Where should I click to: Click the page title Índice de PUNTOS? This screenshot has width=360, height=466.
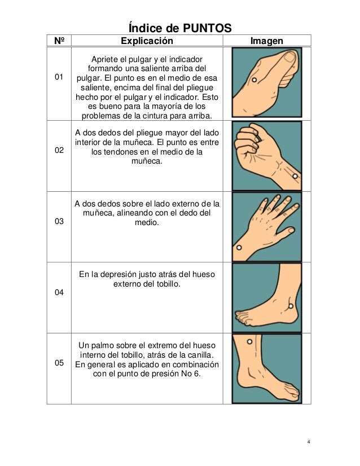tap(179, 27)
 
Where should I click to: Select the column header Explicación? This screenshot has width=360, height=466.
tap(148, 41)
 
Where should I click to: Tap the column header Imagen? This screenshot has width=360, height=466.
tap(267, 41)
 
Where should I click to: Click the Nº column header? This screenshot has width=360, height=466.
tap(59, 41)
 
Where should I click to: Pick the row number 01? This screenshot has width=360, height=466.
tap(59, 77)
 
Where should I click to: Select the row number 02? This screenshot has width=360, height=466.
tap(59, 152)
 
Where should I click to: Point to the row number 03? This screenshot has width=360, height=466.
tap(59, 222)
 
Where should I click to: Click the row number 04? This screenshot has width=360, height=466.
tap(59, 293)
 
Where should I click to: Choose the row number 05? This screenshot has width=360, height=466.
tap(59, 363)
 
